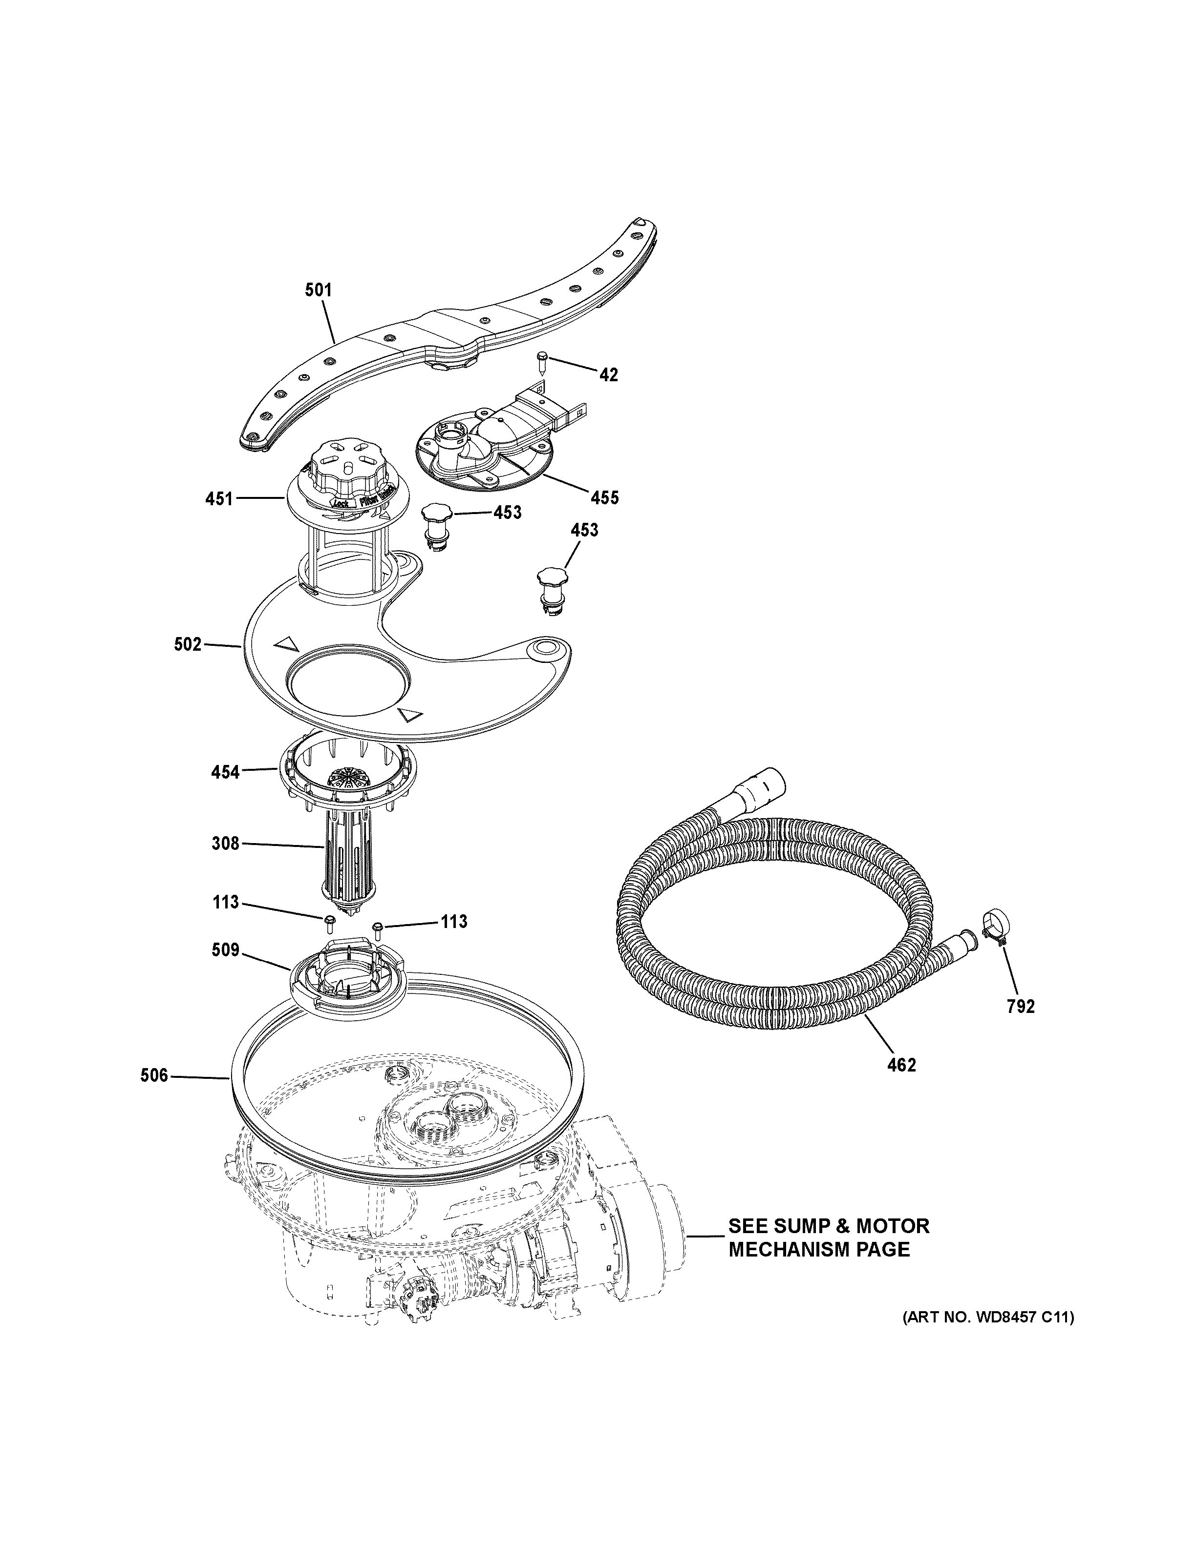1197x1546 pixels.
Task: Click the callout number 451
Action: point(219,499)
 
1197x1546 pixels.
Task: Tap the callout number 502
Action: point(188,645)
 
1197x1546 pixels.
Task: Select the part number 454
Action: point(225,772)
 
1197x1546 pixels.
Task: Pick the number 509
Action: point(225,950)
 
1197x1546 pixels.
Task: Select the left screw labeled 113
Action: point(329,921)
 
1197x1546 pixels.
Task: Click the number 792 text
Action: point(1021,1007)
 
